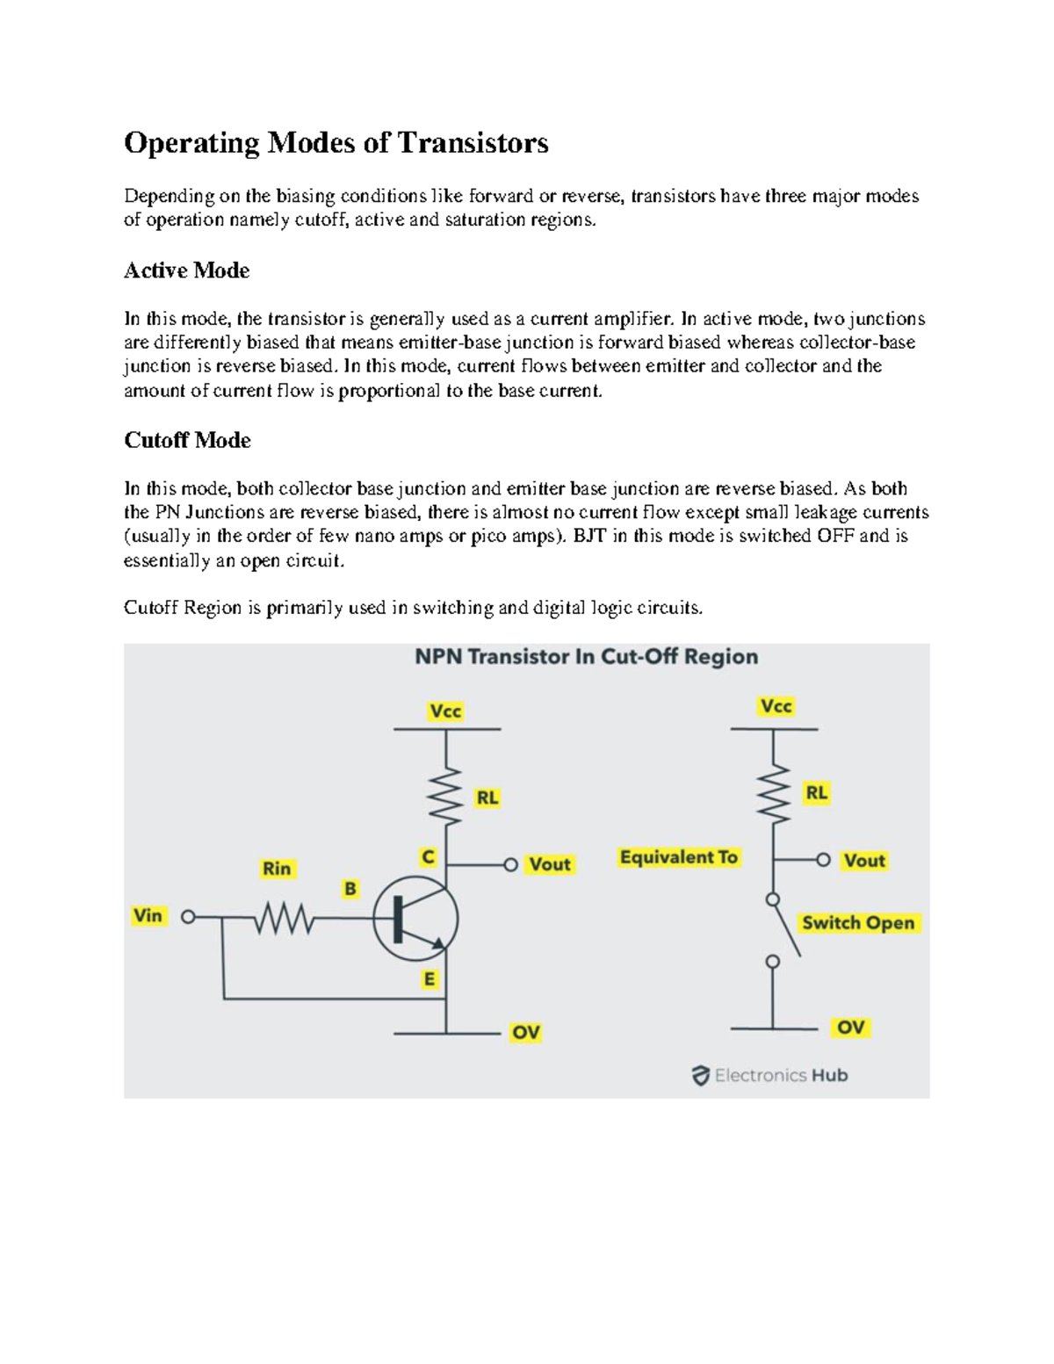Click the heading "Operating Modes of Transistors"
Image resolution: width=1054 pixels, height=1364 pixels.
pos(336,142)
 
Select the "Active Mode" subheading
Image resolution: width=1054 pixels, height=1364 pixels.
pos(186,271)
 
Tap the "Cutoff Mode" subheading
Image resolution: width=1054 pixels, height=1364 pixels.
pos(187,440)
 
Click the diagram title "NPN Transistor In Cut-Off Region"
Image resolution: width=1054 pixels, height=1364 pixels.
pos(586,657)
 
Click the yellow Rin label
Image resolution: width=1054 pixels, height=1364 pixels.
pos(277,869)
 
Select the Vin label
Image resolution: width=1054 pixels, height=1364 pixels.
pos(148,915)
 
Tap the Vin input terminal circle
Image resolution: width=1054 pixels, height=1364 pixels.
pos(188,917)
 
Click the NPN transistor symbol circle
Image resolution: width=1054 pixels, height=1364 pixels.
pos(415,920)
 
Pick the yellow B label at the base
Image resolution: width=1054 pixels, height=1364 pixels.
pos(350,889)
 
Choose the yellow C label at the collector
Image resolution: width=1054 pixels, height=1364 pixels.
pos(428,856)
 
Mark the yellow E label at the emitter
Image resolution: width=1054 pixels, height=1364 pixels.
pos(429,978)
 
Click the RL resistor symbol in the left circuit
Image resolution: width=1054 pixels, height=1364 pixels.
pos(446,795)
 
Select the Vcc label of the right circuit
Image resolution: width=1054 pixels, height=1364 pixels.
pos(776,706)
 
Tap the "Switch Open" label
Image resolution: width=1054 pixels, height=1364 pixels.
pos(858,923)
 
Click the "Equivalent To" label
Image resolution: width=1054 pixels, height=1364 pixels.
pos(678,857)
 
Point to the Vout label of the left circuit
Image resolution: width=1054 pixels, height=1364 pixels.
pos(550,864)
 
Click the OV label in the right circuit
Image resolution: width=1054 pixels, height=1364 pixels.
pos(850,1027)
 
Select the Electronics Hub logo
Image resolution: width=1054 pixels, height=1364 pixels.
pos(769,1075)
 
